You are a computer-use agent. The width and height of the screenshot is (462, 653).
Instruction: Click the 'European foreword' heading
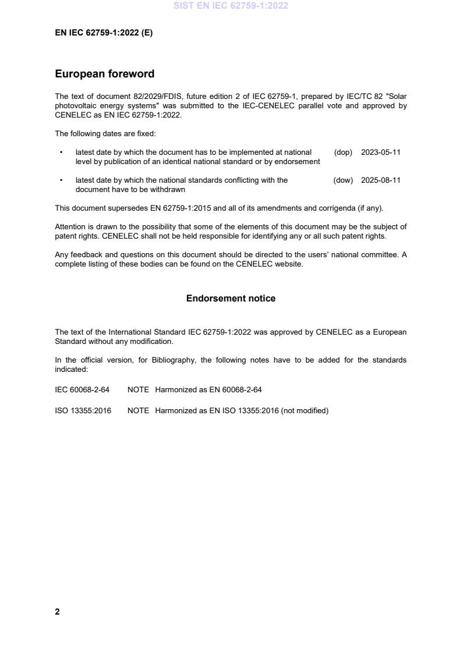pyautogui.click(x=104, y=74)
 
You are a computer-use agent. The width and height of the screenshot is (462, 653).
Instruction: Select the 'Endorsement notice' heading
pyautogui.click(x=231, y=299)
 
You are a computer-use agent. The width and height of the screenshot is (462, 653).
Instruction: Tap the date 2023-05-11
pyautogui.click(x=380, y=152)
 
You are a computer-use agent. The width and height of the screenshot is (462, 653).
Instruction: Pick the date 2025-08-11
pyautogui.click(x=380, y=180)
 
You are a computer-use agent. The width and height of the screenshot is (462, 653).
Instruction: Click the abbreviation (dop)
pyautogui.click(x=343, y=152)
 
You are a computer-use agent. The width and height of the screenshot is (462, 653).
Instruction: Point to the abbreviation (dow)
pyautogui.click(x=343, y=180)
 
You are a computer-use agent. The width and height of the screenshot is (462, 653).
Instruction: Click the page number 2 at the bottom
pyautogui.click(x=57, y=612)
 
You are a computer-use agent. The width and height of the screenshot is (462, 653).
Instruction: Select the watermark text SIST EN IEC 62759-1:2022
pyautogui.click(x=231, y=6)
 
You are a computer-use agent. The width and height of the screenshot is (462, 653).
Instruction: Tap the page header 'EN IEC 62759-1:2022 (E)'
pyautogui.click(x=104, y=33)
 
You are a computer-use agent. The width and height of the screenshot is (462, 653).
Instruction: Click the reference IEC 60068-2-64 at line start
pyautogui.click(x=82, y=389)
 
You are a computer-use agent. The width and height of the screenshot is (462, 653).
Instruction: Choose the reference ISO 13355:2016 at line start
pyautogui.click(x=83, y=411)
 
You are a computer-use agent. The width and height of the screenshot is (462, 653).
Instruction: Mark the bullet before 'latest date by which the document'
pyautogui.click(x=61, y=152)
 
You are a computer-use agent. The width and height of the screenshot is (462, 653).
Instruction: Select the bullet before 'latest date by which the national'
pyautogui.click(x=61, y=180)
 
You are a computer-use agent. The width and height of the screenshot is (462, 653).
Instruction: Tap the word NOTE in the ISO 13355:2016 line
pyautogui.click(x=138, y=411)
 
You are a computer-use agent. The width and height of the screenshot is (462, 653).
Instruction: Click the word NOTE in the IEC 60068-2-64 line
pyautogui.click(x=138, y=389)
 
